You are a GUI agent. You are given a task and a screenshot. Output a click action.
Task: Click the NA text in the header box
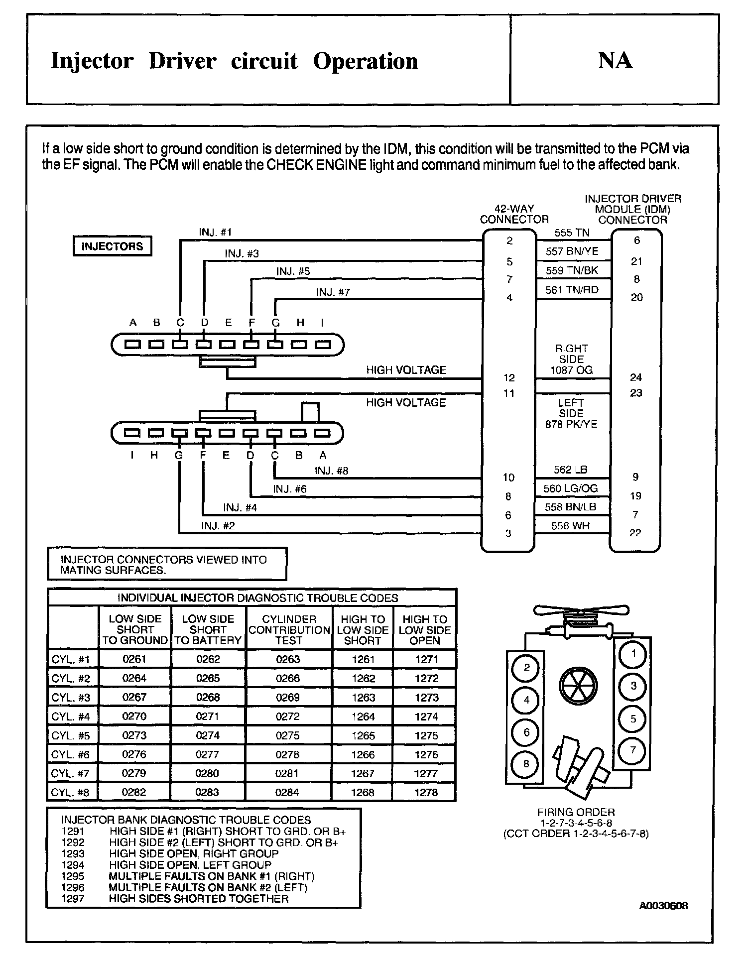[x=615, y=60]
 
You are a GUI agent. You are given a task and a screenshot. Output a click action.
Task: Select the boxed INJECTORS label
[x=112, y=246]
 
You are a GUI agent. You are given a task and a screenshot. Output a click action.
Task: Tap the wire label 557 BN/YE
[x=572, y=251]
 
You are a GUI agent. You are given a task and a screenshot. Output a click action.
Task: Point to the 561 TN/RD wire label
[x=572, y=290]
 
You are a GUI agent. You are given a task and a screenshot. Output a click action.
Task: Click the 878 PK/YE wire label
[x=571, y=424]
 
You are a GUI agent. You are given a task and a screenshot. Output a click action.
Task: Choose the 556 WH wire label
[x=570, y=525]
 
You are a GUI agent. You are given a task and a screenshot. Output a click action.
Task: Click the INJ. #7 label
[x=333, y=292]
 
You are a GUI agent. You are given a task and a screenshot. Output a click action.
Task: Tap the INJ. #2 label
[x=218, y=526]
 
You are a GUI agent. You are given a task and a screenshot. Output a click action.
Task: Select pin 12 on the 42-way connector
[x=509, y=377]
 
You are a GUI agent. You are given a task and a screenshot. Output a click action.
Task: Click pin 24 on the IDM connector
[x=636, y=377]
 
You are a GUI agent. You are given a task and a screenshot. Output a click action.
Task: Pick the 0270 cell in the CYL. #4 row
[x=134, y=717]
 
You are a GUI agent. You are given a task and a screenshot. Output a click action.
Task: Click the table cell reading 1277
[x=426, y=773]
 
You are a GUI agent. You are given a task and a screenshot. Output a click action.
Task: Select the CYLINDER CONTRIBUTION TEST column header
[x=289, y=629]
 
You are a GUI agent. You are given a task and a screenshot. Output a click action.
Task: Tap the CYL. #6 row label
[x=71, y=755]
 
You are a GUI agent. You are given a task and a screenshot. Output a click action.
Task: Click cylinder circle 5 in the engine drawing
[x=633, y=718]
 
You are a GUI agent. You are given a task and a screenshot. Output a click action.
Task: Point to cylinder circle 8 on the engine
[x=526, y=763]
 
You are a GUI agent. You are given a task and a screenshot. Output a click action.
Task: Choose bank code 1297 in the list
[x=73, y=899]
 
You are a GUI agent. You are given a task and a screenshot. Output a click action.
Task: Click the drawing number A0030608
[x=663, y=906]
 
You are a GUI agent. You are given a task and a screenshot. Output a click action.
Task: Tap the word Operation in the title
[x=366, y=61]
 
